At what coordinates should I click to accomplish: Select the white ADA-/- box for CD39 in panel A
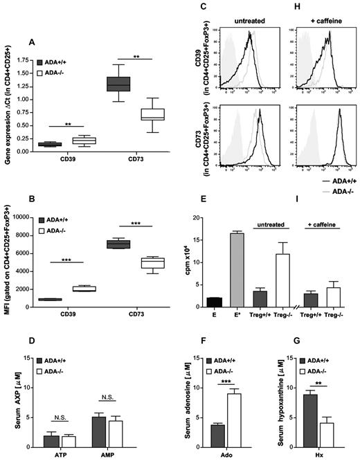point(89,141)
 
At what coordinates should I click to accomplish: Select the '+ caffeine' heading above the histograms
point(320,15)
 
